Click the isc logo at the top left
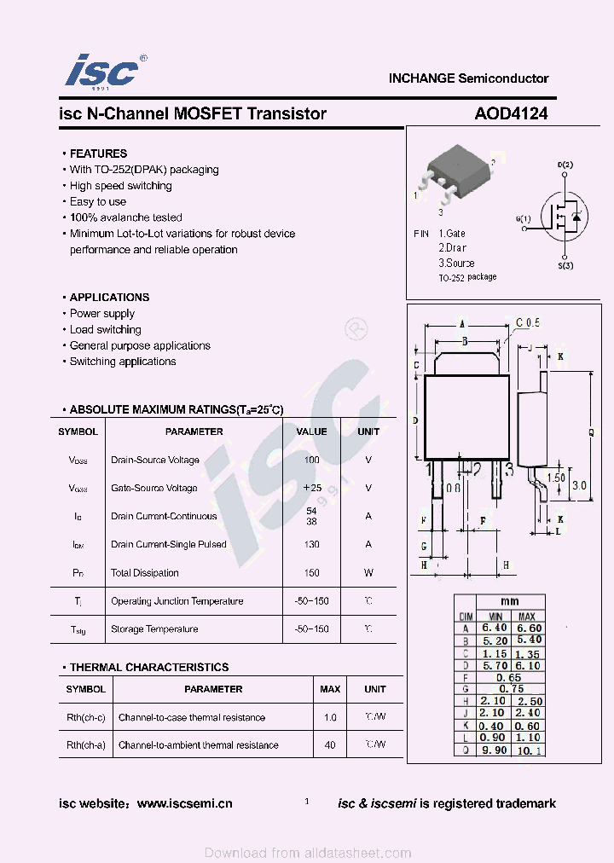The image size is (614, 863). point(102,71)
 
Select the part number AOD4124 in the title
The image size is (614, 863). point(511,113)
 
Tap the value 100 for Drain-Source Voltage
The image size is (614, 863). point(311,460)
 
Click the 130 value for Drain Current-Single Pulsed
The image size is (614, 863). point(311,544)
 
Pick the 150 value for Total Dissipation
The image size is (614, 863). point(311,573)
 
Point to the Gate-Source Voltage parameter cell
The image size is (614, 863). point(154,488)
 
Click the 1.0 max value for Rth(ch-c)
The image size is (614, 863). point(330,718)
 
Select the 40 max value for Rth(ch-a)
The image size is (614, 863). point(330,745)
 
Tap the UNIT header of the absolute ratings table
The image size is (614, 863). point(368,431)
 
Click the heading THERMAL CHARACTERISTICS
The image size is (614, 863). point(149,668)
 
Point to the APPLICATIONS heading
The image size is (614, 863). point(109,298)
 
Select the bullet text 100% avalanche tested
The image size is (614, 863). point(125,217)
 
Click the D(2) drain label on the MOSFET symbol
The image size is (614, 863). point(565,165)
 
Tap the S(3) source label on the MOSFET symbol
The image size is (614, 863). point(565,266)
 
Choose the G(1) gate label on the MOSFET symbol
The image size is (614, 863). point(523,219)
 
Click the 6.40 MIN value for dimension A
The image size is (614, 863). point(495,628)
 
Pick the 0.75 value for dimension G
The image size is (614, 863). point(511,689)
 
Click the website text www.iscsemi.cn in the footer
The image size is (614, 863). point(184,803)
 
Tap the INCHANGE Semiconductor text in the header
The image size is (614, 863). point(468,78)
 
